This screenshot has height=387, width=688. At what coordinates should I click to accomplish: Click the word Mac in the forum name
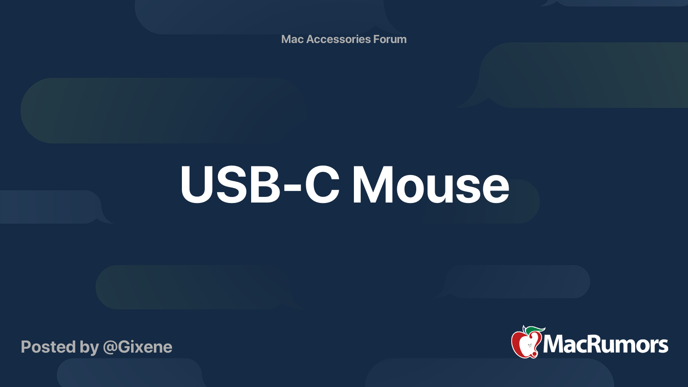pos(292,39)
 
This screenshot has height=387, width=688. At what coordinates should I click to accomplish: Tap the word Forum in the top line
pos(390,39)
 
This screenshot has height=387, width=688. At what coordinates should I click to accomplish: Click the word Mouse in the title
pos(430,185)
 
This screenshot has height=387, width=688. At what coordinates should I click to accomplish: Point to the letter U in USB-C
pos(197,185)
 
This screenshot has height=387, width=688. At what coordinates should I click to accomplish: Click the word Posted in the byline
pos(48,347)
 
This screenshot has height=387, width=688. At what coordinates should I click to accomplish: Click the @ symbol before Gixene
pos(110,347)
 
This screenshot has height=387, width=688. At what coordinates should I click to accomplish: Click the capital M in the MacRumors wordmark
pos(553,344)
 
